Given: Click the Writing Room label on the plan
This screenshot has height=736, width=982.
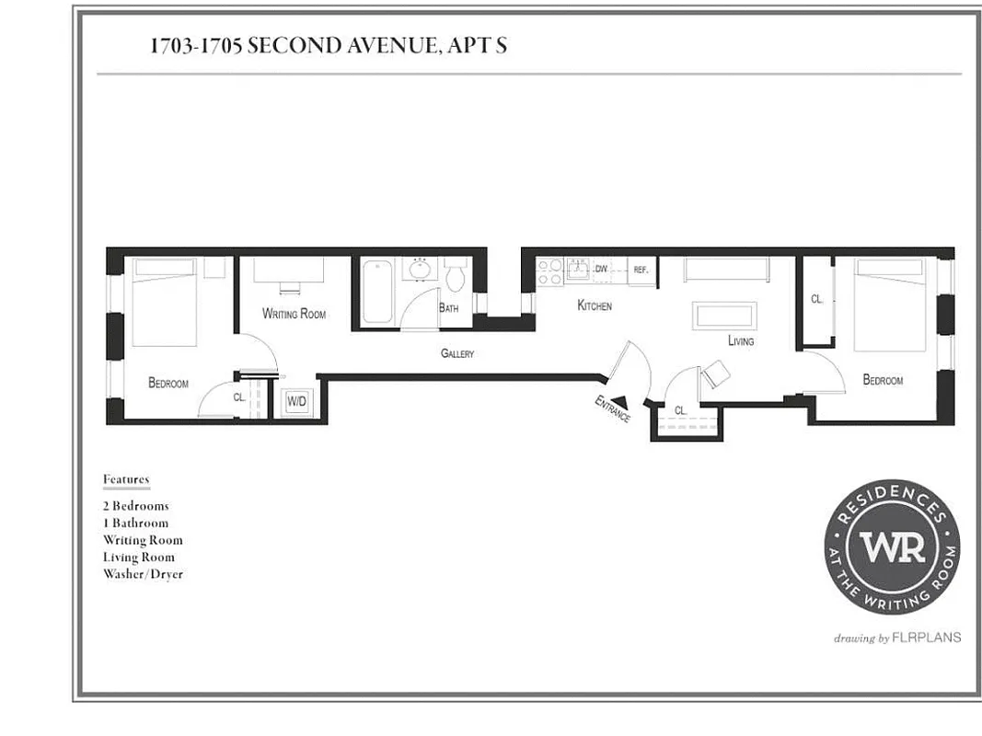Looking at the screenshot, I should [294, 314].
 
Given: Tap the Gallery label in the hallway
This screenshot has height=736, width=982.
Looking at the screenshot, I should [456, 353].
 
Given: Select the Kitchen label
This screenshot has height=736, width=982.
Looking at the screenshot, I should [594, 305].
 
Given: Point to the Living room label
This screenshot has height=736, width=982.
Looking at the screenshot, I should [740, 341].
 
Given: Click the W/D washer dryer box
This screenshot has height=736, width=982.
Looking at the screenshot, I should [296, 402].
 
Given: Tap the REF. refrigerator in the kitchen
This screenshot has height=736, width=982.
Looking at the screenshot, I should [641, 270].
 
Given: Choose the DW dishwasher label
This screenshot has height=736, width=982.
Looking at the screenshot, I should [601, 269].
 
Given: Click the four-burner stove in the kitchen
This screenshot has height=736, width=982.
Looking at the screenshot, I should [549, 270].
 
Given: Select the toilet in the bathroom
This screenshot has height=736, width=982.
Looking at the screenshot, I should [456, 275].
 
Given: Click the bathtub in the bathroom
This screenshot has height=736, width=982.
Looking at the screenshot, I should [377, 292].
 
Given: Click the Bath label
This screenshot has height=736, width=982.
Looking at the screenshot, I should [448, 308].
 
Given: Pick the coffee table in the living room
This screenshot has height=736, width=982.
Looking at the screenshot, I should [725, 315].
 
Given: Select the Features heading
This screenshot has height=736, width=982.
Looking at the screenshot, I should [125, 479].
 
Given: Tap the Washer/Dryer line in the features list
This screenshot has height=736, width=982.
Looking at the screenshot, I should [143, 574].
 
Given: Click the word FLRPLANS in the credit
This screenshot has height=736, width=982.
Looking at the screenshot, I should [926, 637].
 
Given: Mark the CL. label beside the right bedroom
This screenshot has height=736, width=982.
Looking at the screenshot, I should [816, 299].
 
